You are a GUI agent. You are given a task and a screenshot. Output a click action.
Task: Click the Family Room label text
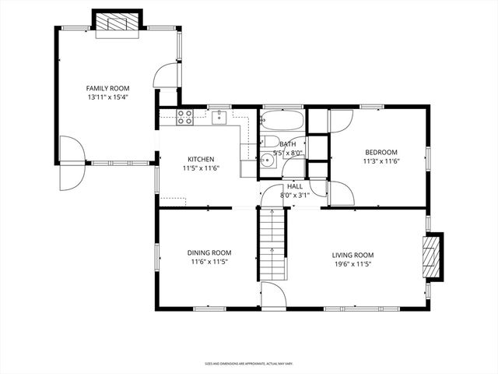(x=107, y=89)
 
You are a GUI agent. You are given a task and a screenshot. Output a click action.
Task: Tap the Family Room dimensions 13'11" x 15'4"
(x=107, y=98)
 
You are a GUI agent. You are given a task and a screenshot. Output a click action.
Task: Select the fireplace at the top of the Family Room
(x=117, y=23)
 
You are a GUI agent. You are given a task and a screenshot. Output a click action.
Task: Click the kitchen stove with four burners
(x=184, y=118)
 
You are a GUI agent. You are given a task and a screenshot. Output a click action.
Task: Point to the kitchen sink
(x=219, y=117)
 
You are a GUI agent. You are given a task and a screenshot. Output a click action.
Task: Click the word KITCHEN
(x=201, y=159)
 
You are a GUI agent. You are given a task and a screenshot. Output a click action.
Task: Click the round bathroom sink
(x=267, y=161)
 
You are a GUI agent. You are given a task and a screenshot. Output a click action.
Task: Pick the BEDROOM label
(x=381, y=152)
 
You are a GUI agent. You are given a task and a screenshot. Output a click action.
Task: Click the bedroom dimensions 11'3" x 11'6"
(x=381, y=161)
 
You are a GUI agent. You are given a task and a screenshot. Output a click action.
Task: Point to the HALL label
(x=295, y=187)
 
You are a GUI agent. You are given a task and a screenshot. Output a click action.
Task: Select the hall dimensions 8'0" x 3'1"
(x=295, y=196)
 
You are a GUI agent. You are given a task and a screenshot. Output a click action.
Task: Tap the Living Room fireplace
(x=433, y=256)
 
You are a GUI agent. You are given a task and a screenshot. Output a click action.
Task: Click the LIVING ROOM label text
(x=352, y=255)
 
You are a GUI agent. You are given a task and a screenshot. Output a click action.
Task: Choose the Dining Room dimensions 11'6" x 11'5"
(x=209, y=263)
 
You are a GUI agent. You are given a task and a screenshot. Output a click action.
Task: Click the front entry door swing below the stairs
(x=272, y=297)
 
